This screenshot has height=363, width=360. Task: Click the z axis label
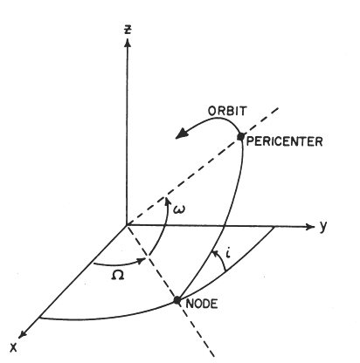[x=128, y=29]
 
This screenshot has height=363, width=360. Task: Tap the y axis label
[x=322, y=226]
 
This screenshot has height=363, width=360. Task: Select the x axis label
[x=13, y=347]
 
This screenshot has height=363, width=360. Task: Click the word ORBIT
[x=227, y=111]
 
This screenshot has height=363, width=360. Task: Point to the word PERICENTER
[x=285, y=141]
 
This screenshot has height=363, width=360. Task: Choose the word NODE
[x=202, y=304]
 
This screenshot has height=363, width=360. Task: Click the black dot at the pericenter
[x=240, y=136]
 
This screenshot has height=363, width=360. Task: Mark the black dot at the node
[x=177, y=300]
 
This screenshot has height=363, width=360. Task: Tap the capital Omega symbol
[x=118, y=275]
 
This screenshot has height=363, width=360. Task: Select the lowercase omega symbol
[x=179, y=209]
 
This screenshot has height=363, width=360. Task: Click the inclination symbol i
[x=229, y=254]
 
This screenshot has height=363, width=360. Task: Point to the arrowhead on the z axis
[x=128, y=43]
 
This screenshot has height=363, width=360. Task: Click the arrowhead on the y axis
[x=310, y=227]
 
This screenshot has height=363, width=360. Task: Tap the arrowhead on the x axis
[x=23, y=334]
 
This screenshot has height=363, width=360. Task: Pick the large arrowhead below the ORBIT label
[x=181, y=134]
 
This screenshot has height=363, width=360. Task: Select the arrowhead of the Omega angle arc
[x=142, y=260]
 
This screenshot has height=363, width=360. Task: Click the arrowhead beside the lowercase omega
[x=167, y=202]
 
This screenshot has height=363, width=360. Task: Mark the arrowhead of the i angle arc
[x=216, y=253]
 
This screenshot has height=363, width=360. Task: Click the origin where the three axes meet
[x=127, y=225]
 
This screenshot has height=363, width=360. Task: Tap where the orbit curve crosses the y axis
[x=223, y=226]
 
